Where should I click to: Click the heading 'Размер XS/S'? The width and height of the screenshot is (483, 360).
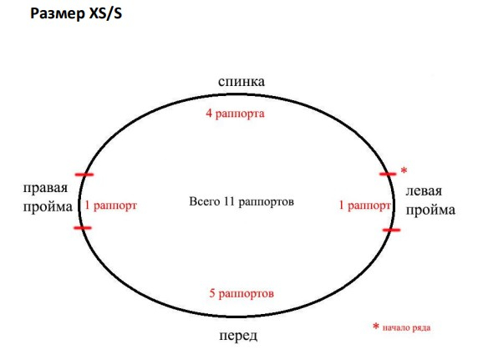pos(76,14)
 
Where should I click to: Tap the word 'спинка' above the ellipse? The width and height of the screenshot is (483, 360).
pos(241,82)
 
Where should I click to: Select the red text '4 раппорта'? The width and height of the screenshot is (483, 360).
pos(235,114)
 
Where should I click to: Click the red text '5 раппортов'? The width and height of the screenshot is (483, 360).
pos(241,293)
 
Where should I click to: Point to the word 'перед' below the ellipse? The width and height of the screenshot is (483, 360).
pos(238,336)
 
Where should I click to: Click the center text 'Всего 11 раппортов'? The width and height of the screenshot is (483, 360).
pos(241,201)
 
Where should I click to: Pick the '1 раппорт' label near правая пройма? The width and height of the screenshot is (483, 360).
pos(110,205)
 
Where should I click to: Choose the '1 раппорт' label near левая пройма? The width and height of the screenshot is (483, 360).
pos(364,205)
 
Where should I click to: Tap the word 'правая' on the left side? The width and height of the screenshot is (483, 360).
pos(46,188)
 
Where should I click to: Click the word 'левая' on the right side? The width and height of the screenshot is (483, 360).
pos(424,191)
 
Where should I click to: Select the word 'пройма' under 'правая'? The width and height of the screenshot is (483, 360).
pos(48,207)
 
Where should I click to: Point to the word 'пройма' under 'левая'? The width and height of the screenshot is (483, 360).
pos(430,210)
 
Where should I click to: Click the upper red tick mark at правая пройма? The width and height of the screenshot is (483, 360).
pos(84,175)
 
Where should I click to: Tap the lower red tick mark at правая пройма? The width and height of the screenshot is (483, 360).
pos(83,228)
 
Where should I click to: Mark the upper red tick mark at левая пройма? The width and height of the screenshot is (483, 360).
pos(388,175)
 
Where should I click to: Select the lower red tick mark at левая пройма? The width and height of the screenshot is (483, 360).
pos(392,230)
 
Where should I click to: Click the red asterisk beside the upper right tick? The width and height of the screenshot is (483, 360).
pos(404,170)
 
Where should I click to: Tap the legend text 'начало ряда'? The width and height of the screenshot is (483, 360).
pos(406,327)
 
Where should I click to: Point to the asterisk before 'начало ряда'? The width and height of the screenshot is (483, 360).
pos(376,326)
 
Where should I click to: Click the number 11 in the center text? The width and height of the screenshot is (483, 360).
pos(230,201)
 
